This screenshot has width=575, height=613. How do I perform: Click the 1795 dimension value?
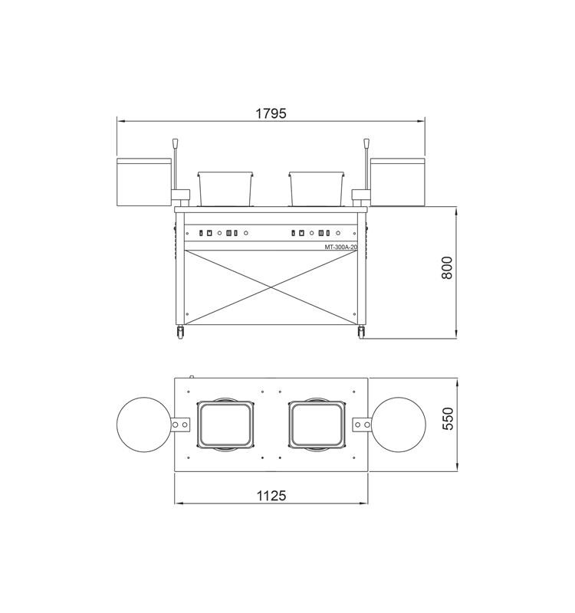271,113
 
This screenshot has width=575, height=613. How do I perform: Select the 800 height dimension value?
447,267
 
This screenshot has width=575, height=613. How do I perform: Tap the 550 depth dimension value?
448,418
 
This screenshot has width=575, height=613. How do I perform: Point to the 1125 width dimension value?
271,496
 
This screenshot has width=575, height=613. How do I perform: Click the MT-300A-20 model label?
340,247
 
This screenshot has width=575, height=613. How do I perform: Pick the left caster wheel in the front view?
180,332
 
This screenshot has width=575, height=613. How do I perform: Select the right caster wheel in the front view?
361,332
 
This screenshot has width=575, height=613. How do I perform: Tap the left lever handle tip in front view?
176,143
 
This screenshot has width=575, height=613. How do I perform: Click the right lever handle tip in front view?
366,143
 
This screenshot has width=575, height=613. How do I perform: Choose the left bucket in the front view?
225,188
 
